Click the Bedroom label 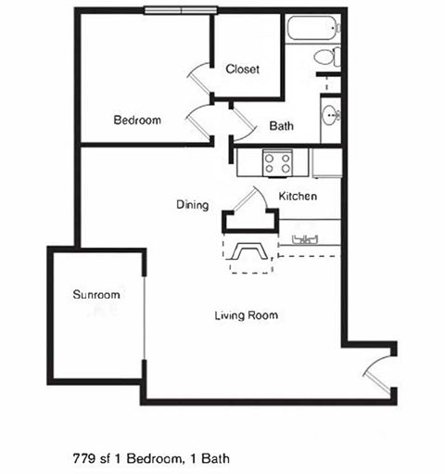(x=137, y=120)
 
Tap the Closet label (x=243, y=69)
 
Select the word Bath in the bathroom (x=282, y=126)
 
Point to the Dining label (x=192, y=205)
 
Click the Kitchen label (x=299, y=197)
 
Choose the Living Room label (x=247, y=315)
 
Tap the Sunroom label (x=96, y=295)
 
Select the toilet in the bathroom (x=326, y=58)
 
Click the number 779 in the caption (x=83, y=457)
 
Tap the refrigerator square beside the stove (x=325, y=163)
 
